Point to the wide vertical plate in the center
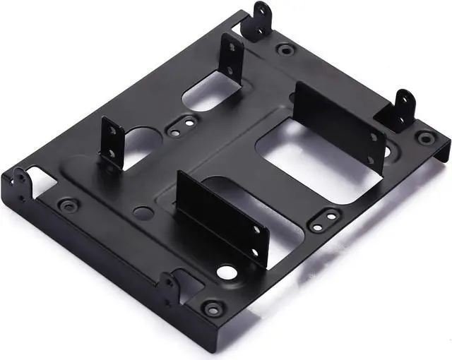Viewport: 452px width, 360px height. click(x=222, y=215)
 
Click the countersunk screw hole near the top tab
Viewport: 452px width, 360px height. click(x=285, y=50)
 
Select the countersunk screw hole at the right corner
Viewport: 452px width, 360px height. click(x=424, y=137)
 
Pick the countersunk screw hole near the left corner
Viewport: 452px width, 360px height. click(x=68, y=206)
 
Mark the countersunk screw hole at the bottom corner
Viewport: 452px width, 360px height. click(x=211, y=309)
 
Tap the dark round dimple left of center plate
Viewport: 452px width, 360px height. click(x=144, y=211)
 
